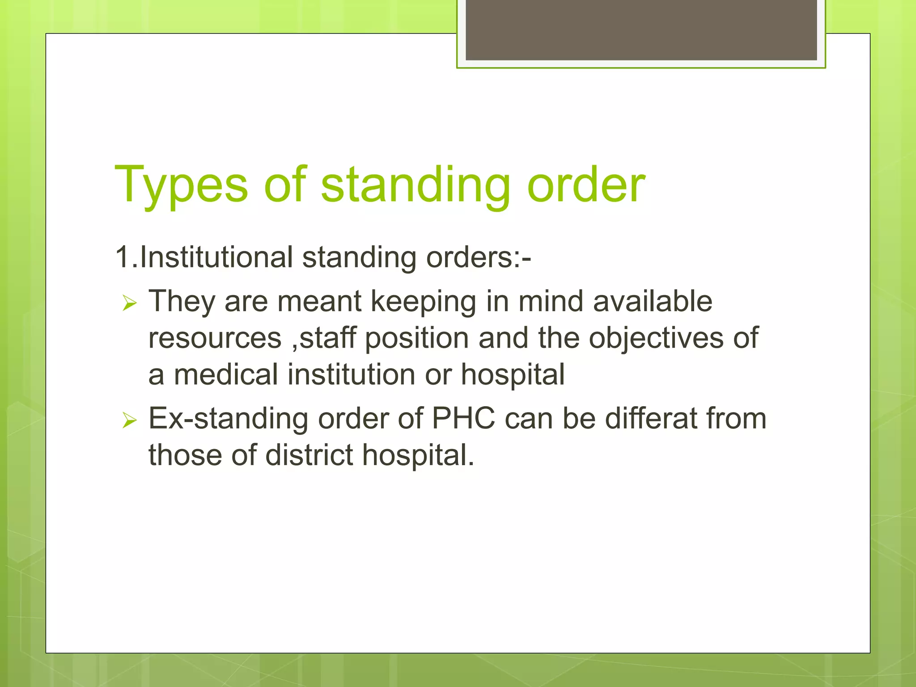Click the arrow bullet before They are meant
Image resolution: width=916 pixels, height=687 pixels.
[129, 304]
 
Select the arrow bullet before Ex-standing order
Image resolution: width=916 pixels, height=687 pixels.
[129, 420]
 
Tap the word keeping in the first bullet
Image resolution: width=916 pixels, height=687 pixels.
[424, 301]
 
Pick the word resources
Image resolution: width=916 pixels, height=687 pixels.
[215, 338]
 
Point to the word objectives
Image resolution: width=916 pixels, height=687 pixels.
[656, 338]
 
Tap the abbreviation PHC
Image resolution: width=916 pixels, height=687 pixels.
[463, 419]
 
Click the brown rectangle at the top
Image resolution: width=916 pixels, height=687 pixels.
[641, 30]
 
